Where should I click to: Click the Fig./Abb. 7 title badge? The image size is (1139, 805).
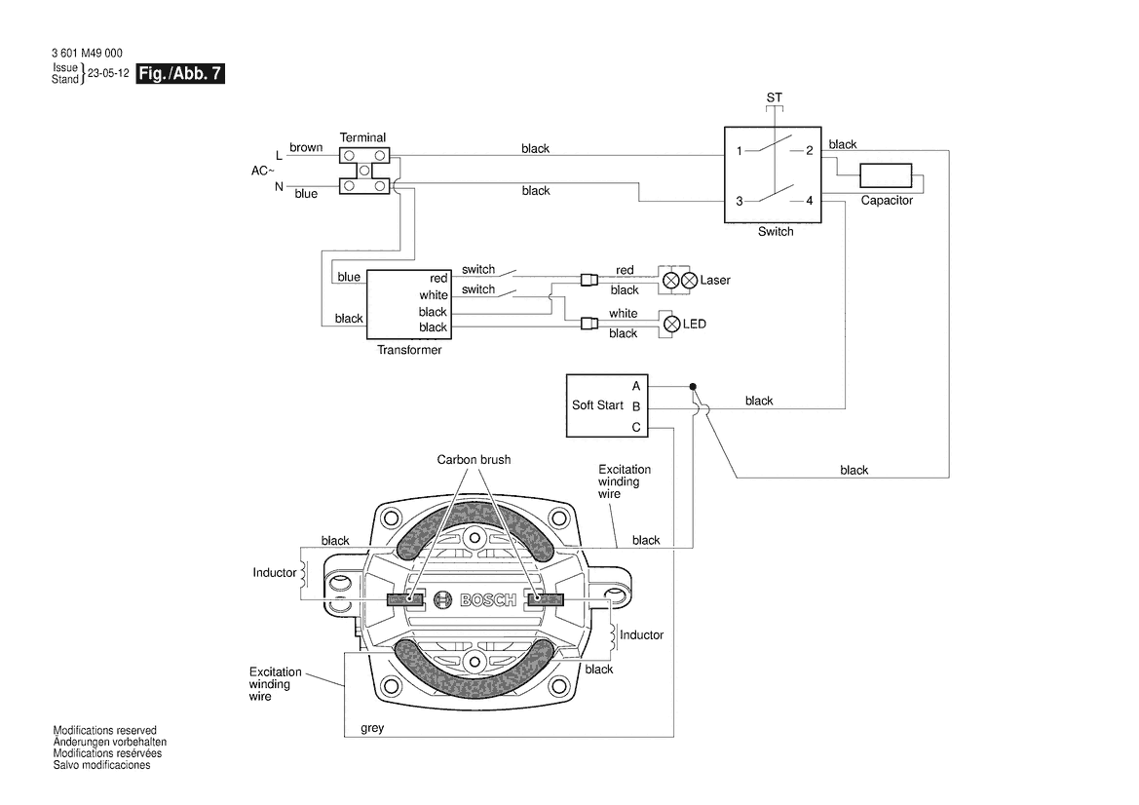point(181,75)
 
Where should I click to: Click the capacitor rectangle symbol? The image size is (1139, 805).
point(886,176)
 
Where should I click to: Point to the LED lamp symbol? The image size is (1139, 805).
point(670,324)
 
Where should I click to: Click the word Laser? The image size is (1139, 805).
point(714,281)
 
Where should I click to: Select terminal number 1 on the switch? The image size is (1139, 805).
point(740,151)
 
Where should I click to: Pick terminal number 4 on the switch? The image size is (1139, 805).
point(808,201)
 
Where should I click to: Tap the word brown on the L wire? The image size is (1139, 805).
point(306,148)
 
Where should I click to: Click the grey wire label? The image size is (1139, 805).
point(372,727)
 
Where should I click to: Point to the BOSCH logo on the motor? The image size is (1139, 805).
point(475,600)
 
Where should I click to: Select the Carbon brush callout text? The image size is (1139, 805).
point(474,460)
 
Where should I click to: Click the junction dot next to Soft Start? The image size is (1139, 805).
point(693,387)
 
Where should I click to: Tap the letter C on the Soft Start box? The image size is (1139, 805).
point(636,427)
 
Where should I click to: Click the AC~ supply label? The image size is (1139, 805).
point(263,171)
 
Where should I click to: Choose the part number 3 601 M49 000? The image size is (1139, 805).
point(88,54)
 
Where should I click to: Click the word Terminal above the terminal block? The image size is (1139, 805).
point(362,137)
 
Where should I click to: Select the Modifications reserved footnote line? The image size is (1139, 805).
point(104,730)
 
